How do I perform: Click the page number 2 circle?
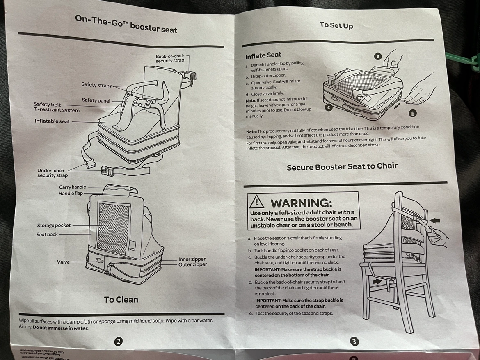pos(119,341)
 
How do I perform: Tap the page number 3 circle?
pos(354,341)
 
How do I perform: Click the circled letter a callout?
pos(378,57)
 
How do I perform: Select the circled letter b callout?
pos(413,113)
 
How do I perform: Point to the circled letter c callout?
pos(329,108)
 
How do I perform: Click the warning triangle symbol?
pos(257,201)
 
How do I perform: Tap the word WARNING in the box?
pos(301,203)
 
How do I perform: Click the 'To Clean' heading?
pos(121,300)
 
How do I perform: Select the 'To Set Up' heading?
pos(336,25)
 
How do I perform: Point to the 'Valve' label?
pos(63,262)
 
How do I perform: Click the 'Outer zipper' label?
pos(192,265)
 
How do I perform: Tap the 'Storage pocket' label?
pos(54,226)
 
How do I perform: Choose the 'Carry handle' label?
pos(73,187)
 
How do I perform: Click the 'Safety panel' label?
pos(96,100)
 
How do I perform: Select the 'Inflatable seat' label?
pos(52,121)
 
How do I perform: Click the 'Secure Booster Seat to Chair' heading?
pos(342,167)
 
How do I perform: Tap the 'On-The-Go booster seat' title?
pos(126,24)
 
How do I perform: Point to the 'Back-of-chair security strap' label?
pos(170,59)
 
